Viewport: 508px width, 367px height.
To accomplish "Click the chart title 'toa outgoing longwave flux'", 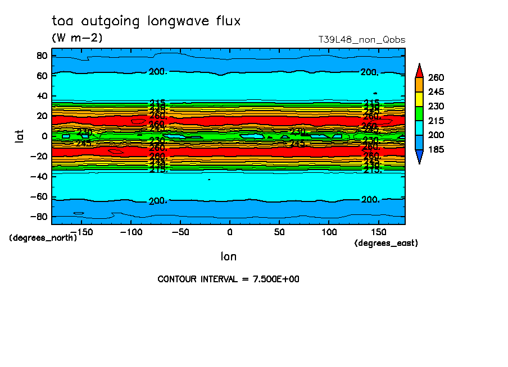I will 146,21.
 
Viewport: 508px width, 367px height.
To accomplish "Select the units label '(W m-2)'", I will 77,38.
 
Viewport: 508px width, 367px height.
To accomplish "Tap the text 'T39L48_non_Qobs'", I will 361,40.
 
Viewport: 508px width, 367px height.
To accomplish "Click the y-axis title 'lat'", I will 19,136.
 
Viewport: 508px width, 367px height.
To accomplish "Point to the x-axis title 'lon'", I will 228,256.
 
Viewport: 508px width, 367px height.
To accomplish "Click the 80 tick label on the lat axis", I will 41,56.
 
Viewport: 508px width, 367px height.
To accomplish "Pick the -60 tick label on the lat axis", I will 38,197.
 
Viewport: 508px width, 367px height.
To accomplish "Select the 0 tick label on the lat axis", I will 44,136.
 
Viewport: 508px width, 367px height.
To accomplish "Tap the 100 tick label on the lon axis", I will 329,232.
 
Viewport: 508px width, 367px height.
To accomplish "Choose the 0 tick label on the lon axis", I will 229,232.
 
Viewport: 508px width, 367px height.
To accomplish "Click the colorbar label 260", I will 436,77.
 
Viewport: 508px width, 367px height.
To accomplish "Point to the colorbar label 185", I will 436,150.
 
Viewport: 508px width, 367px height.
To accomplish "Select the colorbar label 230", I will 436,107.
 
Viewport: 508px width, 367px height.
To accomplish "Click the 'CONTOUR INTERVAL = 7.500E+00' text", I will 228,279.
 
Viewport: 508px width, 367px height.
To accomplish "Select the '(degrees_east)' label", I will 386,243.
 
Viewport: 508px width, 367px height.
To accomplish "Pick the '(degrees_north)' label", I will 43,237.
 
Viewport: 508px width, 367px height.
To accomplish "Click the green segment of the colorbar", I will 419,113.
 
